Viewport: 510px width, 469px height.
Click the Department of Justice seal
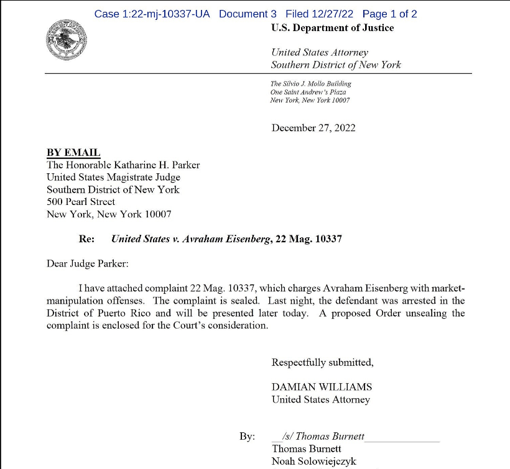67,40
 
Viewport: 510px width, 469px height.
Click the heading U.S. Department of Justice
332,28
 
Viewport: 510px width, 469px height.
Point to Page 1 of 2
390,14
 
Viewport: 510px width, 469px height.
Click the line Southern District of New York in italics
336,65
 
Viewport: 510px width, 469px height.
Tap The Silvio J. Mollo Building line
311,84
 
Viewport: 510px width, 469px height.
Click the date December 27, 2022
313,129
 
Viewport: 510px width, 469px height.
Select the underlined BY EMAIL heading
73,153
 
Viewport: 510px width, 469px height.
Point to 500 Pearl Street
81,202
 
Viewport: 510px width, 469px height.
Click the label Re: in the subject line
86,239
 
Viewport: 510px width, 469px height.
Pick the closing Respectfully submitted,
322,362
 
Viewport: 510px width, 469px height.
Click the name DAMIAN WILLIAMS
322,387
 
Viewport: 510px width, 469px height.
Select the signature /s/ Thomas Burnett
323,436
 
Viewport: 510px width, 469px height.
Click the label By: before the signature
247,437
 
